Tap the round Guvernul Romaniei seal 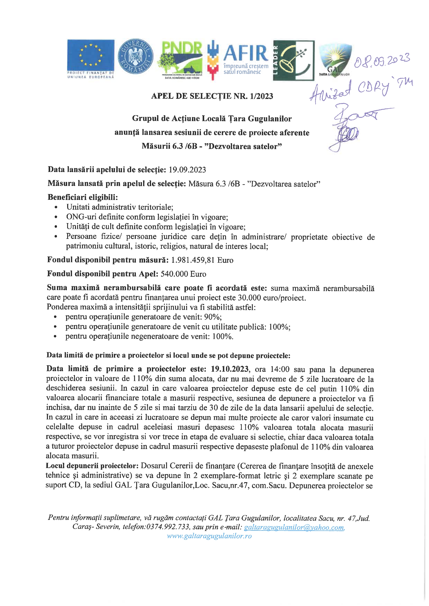point(135,58)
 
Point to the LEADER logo point(293,60)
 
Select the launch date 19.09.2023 point(187,169)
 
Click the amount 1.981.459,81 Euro point(202,260)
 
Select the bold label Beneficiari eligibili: point(83,197)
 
